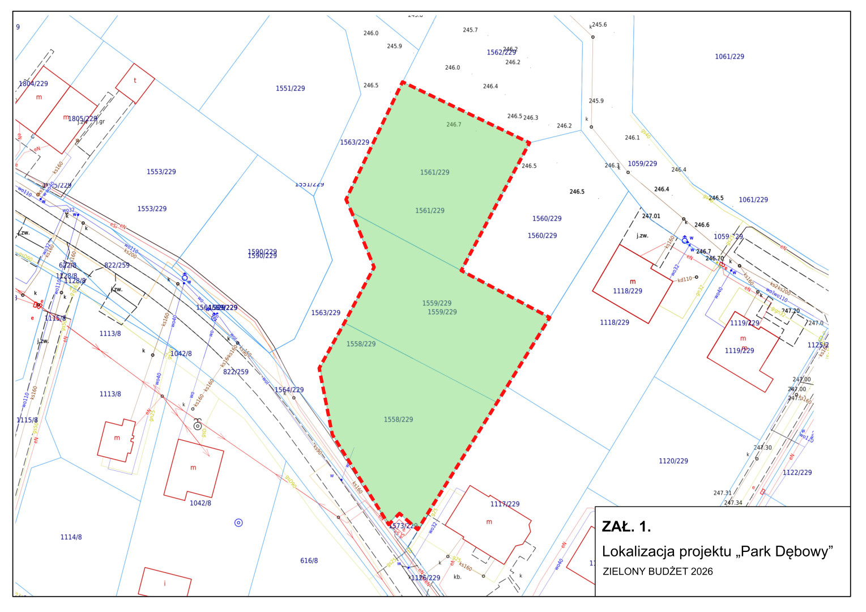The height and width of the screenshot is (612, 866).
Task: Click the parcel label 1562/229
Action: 501,53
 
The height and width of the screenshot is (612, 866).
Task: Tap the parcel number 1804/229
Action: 33,84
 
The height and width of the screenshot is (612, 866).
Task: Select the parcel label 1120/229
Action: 673,461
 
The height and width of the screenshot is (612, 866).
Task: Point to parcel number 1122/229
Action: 797,473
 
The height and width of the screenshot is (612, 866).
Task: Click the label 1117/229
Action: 505,504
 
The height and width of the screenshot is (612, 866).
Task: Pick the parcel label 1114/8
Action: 71,537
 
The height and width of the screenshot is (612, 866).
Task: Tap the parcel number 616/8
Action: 309,561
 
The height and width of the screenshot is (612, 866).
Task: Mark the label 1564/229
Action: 289,390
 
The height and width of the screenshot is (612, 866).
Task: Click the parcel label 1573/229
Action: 403,526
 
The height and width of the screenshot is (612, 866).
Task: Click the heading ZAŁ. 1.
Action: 626,527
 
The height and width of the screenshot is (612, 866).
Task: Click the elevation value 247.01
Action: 651,216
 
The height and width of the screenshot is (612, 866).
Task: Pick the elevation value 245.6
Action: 599,25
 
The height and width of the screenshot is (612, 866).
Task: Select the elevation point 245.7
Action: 470,30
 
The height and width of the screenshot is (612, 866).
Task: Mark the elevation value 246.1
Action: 632,138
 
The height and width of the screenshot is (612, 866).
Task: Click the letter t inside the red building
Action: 135,80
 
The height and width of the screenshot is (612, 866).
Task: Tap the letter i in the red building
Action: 165,584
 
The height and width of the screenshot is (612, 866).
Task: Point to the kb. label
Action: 458,577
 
